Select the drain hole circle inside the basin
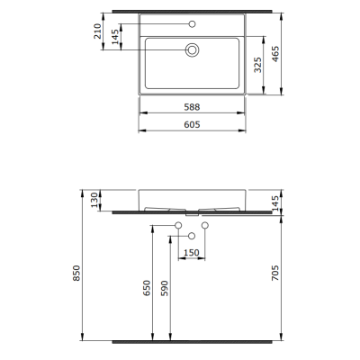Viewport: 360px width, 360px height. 191,50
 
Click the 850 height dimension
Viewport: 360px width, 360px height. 78,272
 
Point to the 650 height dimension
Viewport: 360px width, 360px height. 148,289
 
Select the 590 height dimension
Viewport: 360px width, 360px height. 164,289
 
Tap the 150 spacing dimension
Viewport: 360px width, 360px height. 192,253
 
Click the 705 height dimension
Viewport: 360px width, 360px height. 281,272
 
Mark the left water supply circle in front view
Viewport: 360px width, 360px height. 177,224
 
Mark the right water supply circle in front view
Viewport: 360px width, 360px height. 205,224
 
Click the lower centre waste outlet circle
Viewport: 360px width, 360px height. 191,236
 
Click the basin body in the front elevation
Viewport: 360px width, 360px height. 191,199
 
